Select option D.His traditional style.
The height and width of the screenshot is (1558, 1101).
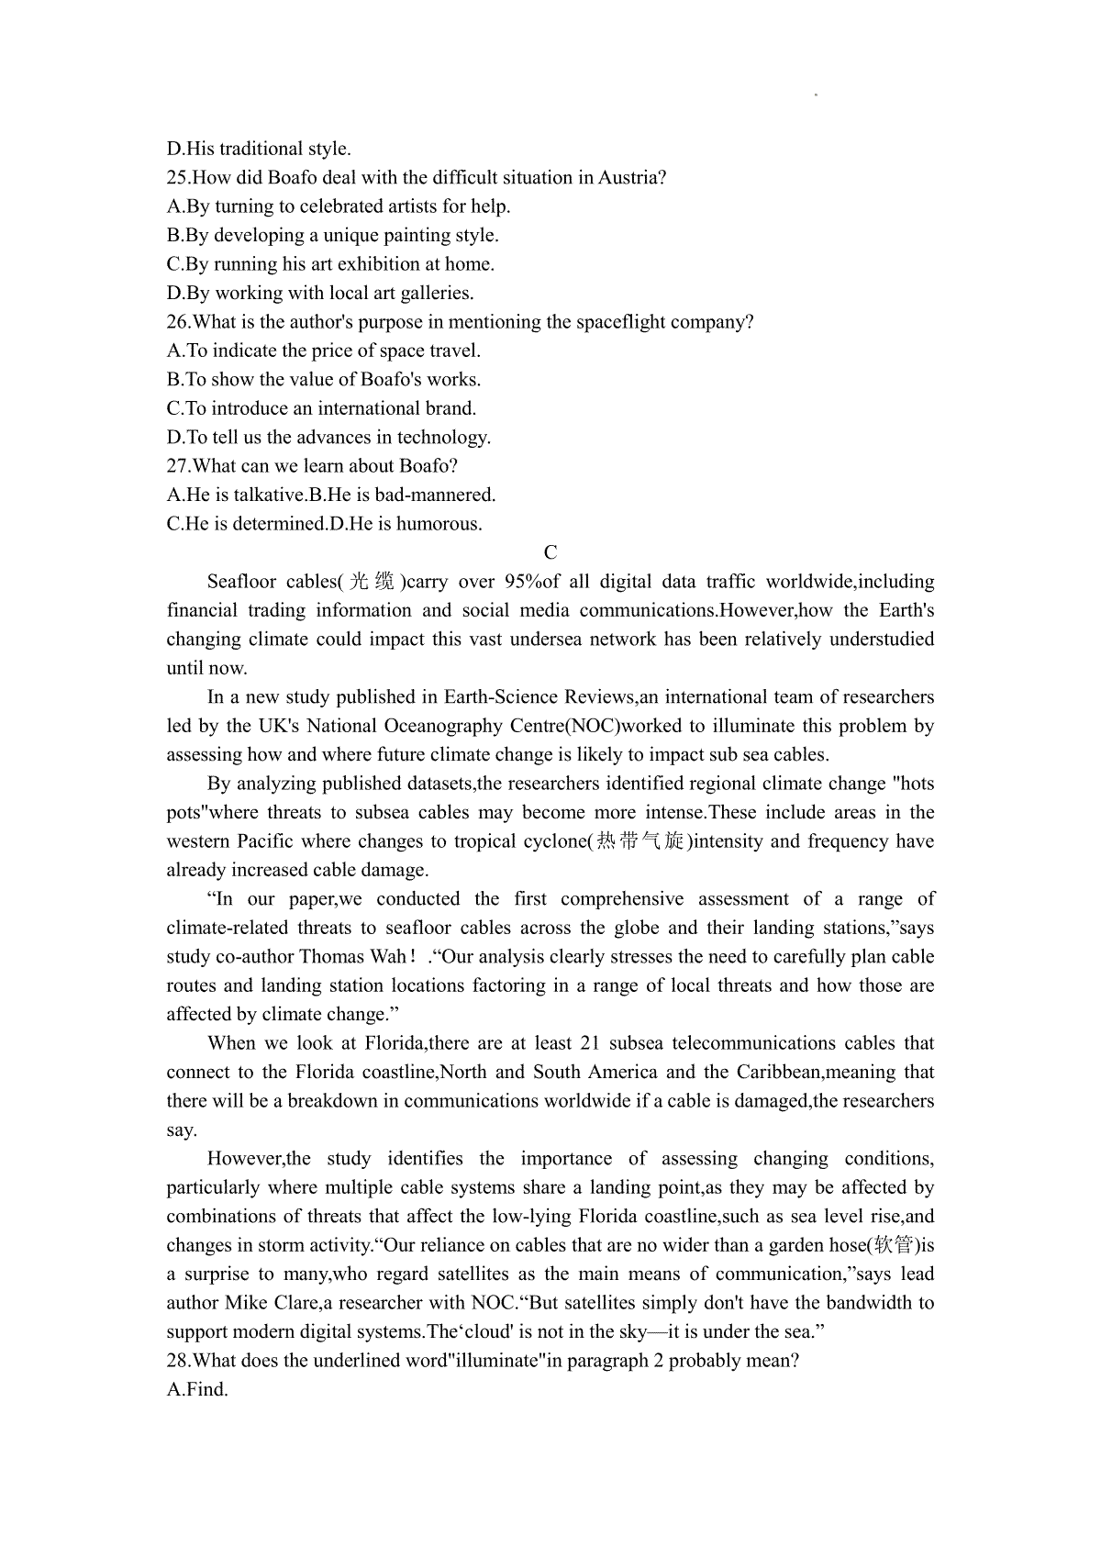(x=259, y=149)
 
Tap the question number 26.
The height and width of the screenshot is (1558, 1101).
(x=177, y=322)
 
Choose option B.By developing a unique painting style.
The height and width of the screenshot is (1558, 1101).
(x=332, y=235)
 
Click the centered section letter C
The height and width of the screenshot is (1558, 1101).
(x=550, y=552)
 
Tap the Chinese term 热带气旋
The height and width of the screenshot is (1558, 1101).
(x=639, y=841)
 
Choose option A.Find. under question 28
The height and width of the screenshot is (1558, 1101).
(x=197, y=1390)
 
